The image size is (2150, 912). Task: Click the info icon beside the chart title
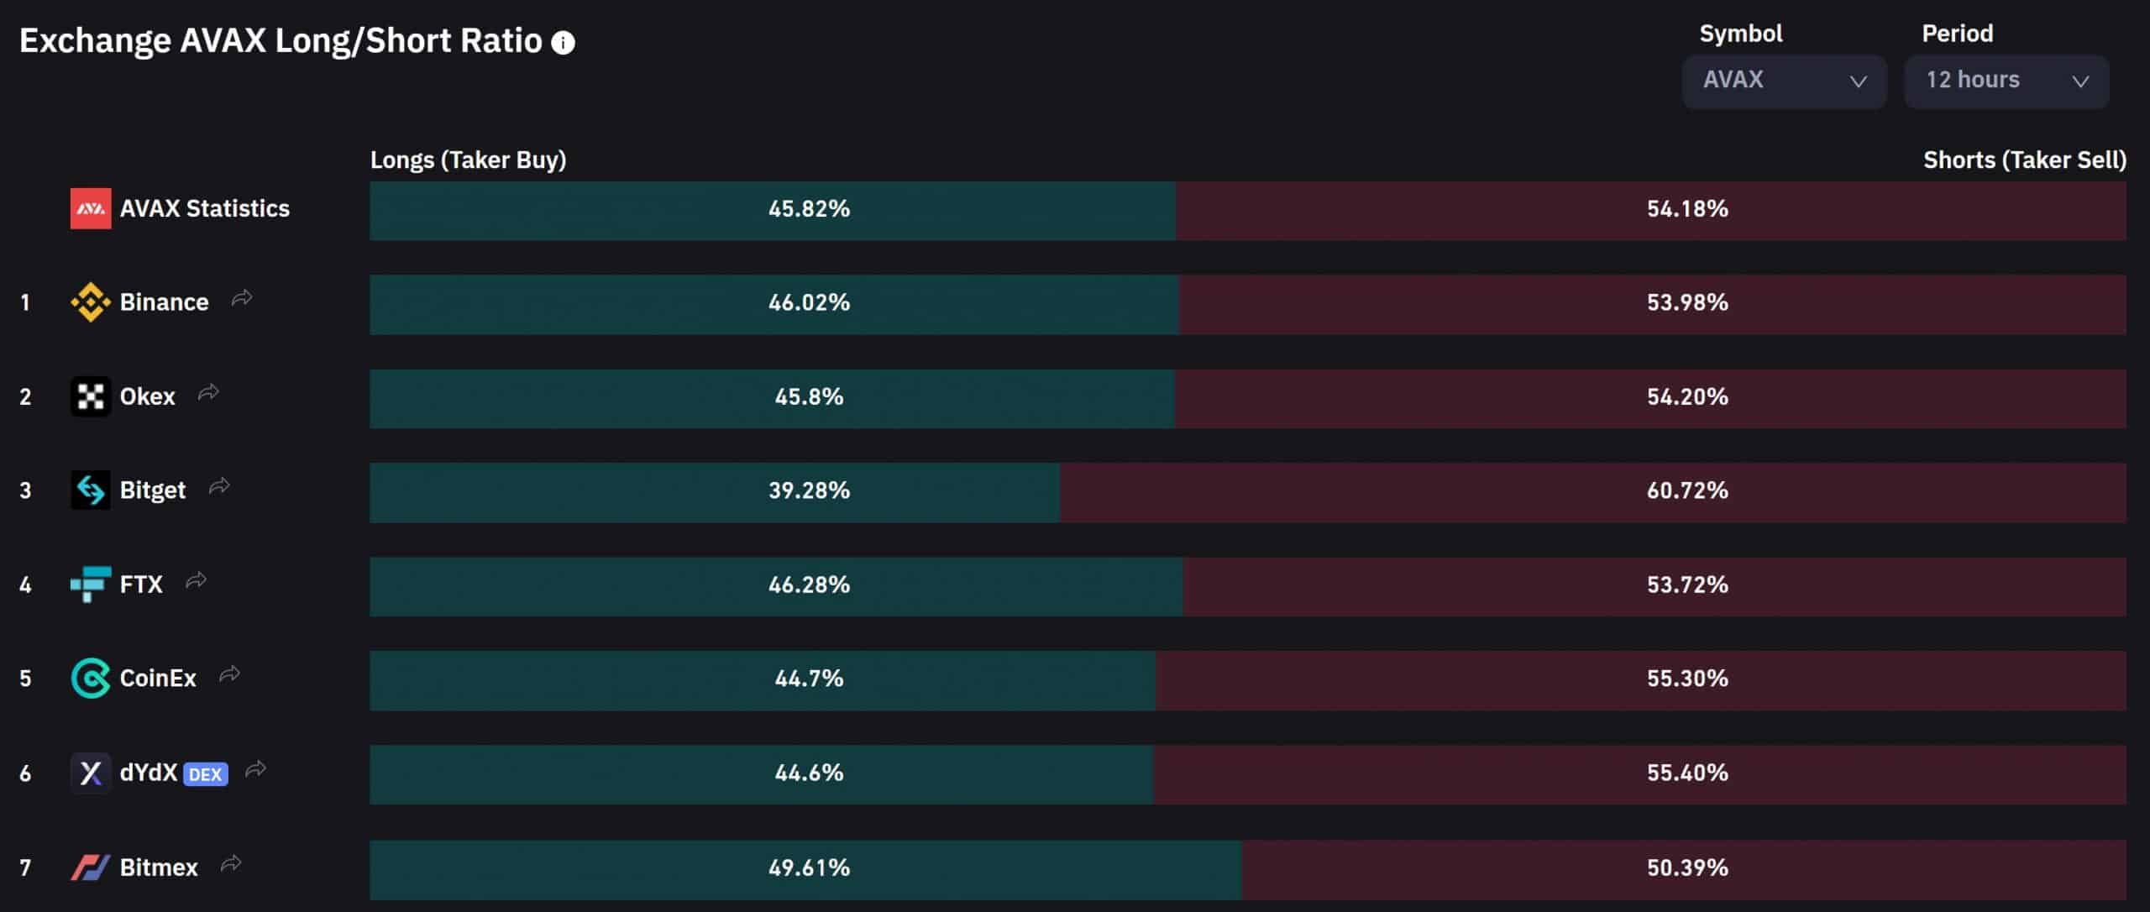point(563,43)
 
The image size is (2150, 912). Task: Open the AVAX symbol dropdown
point(1784,81)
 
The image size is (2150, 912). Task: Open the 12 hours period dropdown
point(2006,81)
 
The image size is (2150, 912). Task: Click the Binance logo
point(90,302)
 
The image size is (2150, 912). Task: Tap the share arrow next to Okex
point(208,393)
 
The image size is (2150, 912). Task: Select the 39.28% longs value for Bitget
point(809,491)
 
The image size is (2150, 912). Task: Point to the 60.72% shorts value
point(1686,491)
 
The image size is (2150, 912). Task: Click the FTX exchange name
point(141,584)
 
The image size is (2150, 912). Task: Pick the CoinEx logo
point(90,679)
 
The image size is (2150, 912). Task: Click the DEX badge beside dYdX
point(205,774)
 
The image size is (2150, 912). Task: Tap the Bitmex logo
point(90,867)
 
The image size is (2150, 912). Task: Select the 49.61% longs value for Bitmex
point(809,867)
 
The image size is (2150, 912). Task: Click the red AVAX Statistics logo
point(90,209)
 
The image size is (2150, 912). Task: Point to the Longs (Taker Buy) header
point(468,160)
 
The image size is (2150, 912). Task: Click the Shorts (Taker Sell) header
point(2024,160)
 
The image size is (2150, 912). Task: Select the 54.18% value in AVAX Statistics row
point(1686,209)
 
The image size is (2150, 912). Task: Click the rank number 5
point(25,679)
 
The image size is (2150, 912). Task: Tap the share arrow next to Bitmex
point(231,864)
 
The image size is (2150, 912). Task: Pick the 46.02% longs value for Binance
point(809,303)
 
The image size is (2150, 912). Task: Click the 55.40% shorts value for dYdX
point(1686,773)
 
